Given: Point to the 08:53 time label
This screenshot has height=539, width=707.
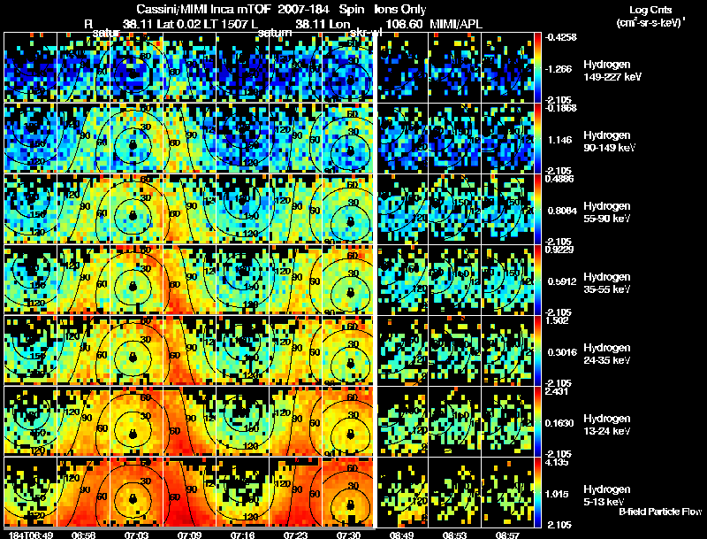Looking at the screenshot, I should pyautogui.click(x=454, y=535).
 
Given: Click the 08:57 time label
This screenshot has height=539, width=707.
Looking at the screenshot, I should pyautogui.click(x=507, y=535).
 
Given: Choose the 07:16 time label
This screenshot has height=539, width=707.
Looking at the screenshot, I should pyautogui.click(x=241, y=535).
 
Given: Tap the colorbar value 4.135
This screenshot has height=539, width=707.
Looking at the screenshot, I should pyautogui.click(x=559, y=462).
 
